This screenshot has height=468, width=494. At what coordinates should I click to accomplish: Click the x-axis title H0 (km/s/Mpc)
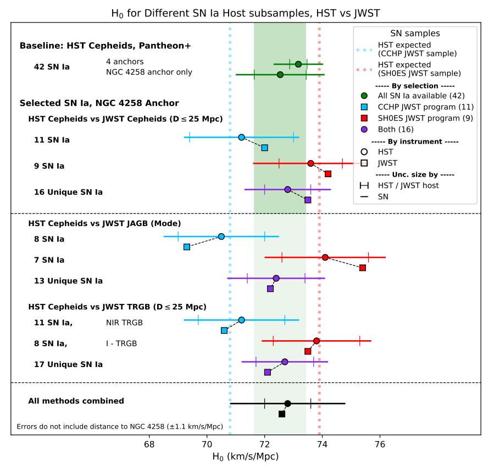pos(247,456)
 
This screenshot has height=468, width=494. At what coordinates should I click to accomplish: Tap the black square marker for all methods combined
pos(282,414)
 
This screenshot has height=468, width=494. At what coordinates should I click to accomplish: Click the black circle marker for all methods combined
pos(287,403)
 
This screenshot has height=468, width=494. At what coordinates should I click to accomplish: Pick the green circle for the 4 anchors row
pos(298,64)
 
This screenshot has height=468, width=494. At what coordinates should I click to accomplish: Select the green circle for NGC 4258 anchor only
pos(280,74)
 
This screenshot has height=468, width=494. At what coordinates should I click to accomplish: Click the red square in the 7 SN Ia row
pos(363,267)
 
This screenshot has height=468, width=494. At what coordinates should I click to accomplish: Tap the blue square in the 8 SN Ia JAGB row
pos(187,247)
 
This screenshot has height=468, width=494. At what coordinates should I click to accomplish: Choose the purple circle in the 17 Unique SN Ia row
pos(285,362)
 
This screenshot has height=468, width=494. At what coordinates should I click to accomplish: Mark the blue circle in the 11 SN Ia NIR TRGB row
pos(241,320)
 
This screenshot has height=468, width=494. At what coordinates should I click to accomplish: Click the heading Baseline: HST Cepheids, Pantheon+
pos(105,46)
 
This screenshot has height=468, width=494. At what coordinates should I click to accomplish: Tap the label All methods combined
pos(76,401)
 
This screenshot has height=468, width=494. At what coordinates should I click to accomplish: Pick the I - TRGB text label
pos(121,344)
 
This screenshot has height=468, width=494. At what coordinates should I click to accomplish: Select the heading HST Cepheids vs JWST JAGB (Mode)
pos(104,223)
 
